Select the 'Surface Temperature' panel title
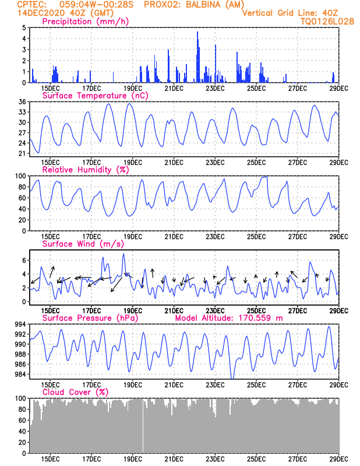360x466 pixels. click(84, 96)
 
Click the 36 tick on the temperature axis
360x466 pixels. click(23, 102)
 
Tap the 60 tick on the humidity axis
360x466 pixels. click(23, 198)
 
